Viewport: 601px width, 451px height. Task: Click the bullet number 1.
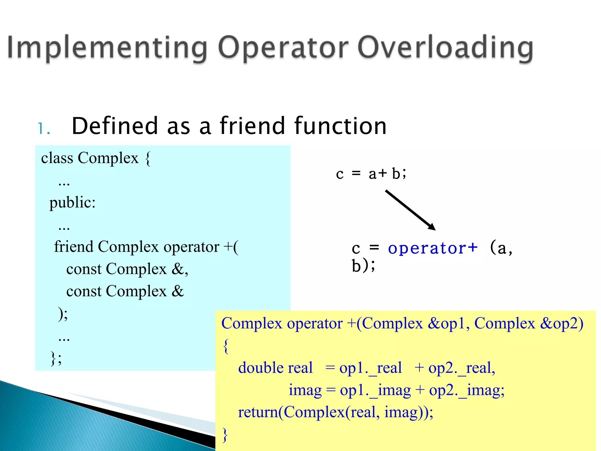[43, 129]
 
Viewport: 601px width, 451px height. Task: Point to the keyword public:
[72, 203]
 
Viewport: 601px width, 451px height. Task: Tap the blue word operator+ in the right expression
[433, 248]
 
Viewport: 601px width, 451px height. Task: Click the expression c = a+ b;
[371, 174]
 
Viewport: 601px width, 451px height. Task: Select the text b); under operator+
[363, 266]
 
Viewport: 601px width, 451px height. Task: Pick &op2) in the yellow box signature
[562, 324]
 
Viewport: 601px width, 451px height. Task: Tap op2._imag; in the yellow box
[467, 391]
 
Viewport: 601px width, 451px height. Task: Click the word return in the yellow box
[258, 412]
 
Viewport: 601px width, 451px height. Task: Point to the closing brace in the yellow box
[225, 435]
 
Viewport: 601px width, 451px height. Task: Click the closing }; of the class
[56, 358]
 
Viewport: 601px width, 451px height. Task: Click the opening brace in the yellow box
[226, 346]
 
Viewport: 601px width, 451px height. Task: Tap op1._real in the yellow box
[370, 368]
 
